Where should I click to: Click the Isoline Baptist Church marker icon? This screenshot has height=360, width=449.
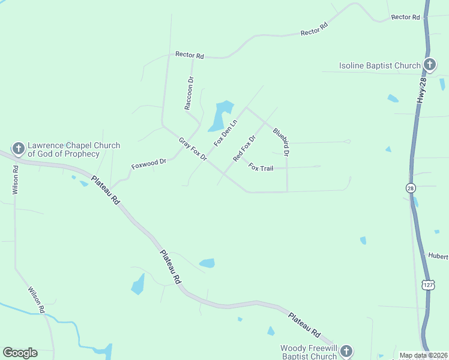[x=429, y=65]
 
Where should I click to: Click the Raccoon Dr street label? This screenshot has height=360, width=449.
[x=190, y=93]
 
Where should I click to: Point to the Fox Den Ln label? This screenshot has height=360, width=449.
[x=226, y=133]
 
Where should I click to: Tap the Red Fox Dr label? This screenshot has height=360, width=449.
[x=244, y=148]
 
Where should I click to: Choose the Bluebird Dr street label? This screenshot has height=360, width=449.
[x=282, y=142]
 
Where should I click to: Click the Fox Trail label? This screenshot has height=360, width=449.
[x=261, y=169]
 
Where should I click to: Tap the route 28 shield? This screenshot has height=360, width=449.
[x=410, y=188]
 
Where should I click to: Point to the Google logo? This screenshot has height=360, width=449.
[x=20, y=353]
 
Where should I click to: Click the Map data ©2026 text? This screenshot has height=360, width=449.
[x=423, y=355]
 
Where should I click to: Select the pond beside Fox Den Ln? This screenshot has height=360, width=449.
[x=221, y=116]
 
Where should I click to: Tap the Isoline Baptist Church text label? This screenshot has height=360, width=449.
[x=379, y=65]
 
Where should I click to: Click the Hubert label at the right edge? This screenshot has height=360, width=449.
[x=438, y=256]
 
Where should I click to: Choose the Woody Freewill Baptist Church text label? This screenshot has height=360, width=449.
[x=309, y=352]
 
